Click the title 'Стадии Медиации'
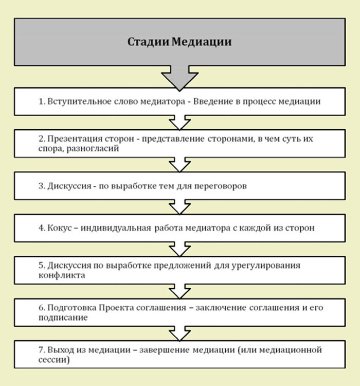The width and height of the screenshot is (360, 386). pos(179,42)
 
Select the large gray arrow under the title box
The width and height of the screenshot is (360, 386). pos(179,77)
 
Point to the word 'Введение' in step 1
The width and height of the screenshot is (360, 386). pos(211,101)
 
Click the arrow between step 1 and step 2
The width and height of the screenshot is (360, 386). pos(179,122)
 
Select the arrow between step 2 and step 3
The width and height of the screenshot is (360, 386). pos(179,166)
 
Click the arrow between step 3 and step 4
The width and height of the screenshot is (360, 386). pos(179,207)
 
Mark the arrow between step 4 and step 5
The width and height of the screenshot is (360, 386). pos(179,250)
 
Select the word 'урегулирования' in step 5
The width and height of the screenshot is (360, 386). pos(269,266)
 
